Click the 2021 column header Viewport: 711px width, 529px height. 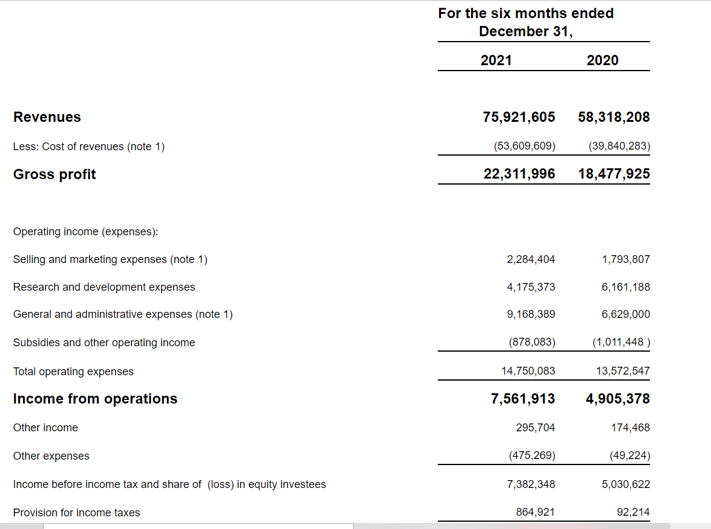[496, 60]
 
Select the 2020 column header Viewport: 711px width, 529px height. [602, 60]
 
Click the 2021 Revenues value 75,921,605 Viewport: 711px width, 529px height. [519, 117]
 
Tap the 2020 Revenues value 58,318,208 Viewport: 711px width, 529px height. [614, 117]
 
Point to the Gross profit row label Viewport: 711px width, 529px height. [54, 174]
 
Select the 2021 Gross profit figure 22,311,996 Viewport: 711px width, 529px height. [519, 174]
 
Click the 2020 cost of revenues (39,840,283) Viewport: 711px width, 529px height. [619, 146]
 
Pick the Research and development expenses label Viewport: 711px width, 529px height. [104, 287]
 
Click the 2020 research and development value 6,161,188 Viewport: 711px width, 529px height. [626, 287]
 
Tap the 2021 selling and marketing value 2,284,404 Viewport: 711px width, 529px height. [531, 259]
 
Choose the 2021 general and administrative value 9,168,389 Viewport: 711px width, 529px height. [531, 314]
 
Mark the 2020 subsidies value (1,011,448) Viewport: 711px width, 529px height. [621, 342]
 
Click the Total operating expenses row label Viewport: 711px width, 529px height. [74, 372]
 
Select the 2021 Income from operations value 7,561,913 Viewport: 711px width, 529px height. [523, 399]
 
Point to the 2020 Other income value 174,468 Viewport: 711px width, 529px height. [630, 428]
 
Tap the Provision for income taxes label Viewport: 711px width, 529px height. [77, 513]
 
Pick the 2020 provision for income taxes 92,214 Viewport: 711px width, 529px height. [633, 512]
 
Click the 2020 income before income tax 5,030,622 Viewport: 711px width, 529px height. [626, 484]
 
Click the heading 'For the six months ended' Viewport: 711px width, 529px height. [526, 14]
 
